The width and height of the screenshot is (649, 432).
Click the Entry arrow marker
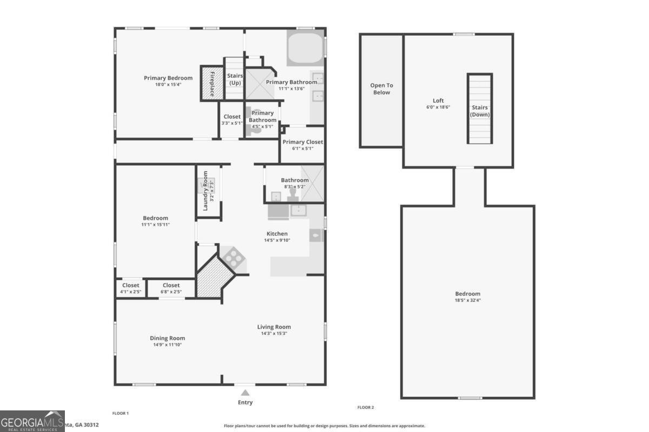coord(246,393)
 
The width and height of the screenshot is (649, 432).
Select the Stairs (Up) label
coord(235,79)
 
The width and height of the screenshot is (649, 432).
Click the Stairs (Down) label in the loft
coord(479,111)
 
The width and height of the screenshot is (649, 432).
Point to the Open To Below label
coord(381,89)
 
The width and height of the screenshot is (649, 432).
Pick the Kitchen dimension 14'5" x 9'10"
coord(277,240)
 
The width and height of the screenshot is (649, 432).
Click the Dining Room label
coord(167,338)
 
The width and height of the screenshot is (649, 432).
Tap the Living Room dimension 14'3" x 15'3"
coord(274,333)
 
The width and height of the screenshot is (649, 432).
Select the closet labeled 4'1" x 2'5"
coord(130,292)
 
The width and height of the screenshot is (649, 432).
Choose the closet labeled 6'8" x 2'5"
coord(171,292)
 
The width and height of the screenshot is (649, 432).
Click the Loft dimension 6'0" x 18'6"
coord(438,107)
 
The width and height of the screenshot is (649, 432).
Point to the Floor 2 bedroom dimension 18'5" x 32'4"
coord(467,300)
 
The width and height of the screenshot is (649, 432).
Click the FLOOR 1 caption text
coord(120,413)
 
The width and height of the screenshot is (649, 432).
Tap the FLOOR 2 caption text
coord(366,407)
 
